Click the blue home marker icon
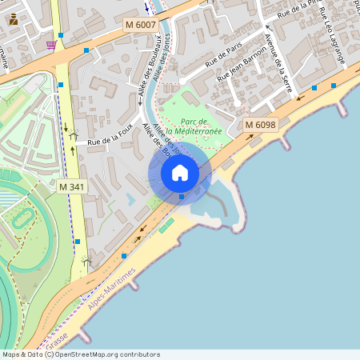[x=180, y=173]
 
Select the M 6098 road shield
[x=260, y=125]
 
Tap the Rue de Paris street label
[x=224, y=57]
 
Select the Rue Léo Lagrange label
[x=334, y=41]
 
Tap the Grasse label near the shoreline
[x=58, y=328]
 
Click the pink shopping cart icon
[x=51, y=44]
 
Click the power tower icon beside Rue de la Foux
[x=74, y=137]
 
